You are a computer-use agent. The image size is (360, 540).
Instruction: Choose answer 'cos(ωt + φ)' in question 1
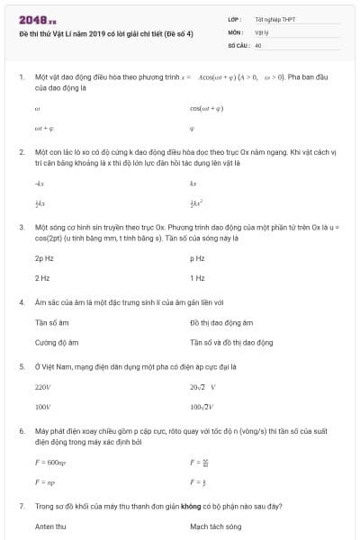tap(207, 108)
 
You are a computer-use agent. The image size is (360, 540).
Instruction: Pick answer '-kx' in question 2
tap(39, 184)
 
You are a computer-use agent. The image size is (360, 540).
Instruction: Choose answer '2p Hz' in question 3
tap(44, 258)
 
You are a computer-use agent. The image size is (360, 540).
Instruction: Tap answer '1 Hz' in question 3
tap(197, 278)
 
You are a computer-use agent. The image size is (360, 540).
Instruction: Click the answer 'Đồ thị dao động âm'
tap(221, 323)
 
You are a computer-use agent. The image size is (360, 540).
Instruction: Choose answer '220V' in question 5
tap(42, 387)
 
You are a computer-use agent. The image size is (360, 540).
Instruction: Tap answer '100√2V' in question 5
tap(202, 407)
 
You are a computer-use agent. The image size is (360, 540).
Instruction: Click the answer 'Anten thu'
tap(50, 526)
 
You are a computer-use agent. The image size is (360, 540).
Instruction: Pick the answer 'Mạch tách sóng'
tap(216, 526)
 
